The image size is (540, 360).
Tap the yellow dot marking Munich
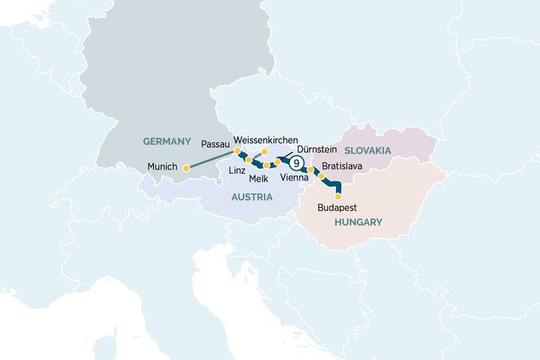tap(186, 168)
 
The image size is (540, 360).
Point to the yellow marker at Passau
tap(238, 151)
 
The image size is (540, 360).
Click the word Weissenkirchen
tap(265, 140)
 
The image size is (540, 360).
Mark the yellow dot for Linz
tap(249, 160)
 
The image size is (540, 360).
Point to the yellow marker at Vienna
tap(310, 170)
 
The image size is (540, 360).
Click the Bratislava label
tap(343, 165)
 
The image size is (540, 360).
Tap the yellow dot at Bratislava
tap(322, 177)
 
